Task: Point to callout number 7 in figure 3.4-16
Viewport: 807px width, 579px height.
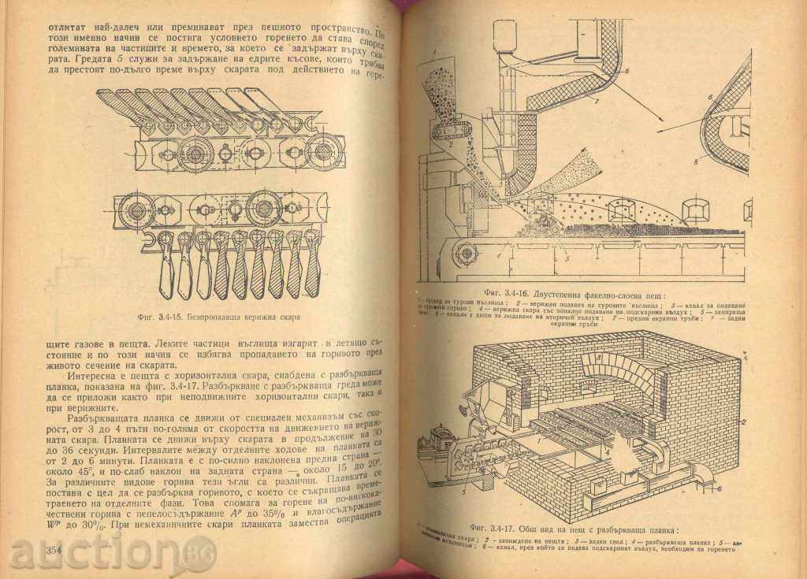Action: (598, 103)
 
